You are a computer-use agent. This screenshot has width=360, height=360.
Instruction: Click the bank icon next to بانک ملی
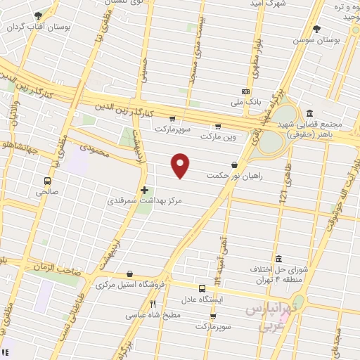pyautogui.click(x=245, y=91)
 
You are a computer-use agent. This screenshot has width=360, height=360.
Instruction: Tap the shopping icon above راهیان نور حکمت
pyautogui.click(x=243, y=165)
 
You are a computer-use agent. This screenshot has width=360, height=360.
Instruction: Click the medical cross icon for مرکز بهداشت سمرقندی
pyautogui.click(x=144, y=190)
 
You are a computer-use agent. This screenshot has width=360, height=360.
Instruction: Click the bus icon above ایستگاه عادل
pyautogui.click(x=202, y=288)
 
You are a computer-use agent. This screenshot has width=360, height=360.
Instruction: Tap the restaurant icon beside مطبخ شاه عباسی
pyautogui.click(x=153, y=304)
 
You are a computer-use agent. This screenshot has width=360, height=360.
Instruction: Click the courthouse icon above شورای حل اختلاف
pyautogui.click(x=279, y=258)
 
